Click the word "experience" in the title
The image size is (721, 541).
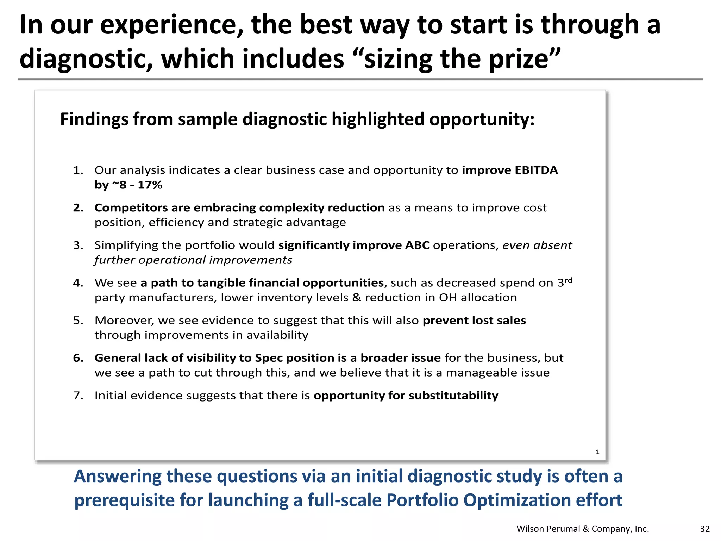point(171,25)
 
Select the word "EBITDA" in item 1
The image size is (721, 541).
point(536,170)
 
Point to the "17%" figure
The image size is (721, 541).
point(150,185)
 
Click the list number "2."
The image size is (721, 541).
point(78,208)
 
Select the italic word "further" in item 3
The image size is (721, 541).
point(114,260)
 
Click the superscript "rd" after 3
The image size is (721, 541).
point(568,280)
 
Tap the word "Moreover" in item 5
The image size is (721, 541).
point(124,321)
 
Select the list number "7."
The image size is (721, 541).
point(78,396)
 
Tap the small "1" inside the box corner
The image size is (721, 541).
point(597,452)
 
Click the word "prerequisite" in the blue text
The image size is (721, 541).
point(124,500)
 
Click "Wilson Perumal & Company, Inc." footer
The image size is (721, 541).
point(583,529)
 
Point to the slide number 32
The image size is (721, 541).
point(704,529)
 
